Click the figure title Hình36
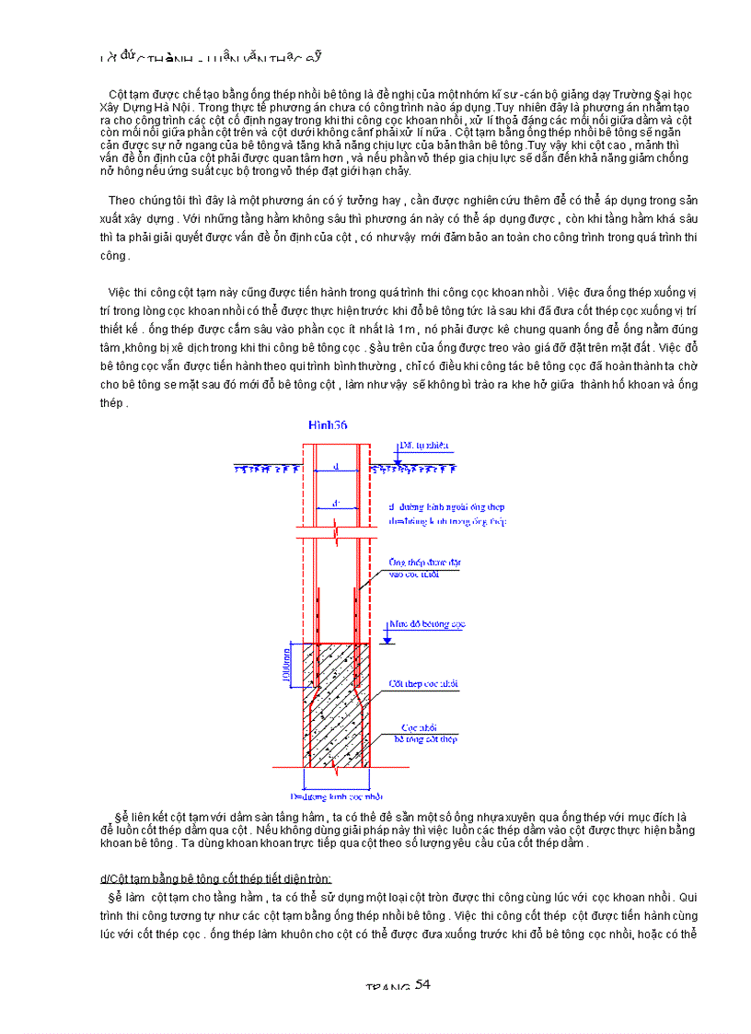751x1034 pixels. (327, 424)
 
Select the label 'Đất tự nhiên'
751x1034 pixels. (424, 446)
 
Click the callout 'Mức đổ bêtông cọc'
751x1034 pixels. (427, 623)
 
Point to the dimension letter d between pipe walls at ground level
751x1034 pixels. (336, 467)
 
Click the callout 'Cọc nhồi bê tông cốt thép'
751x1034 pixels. (425, 732)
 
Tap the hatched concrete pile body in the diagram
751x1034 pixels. (337, 727)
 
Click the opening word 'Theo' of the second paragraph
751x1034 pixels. (122, 200)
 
